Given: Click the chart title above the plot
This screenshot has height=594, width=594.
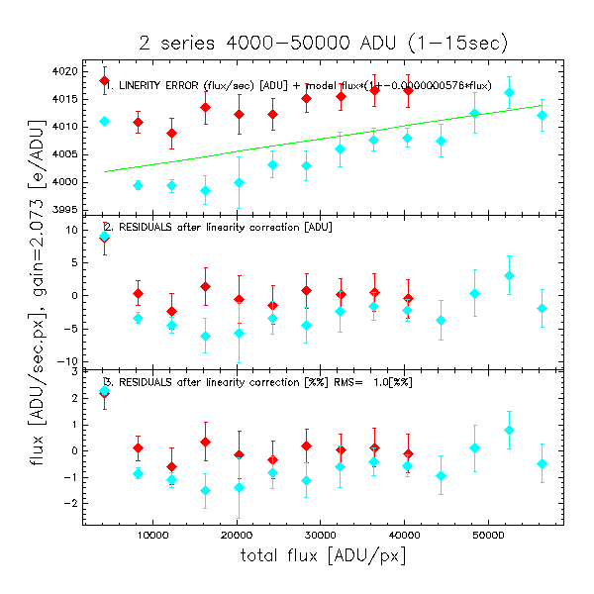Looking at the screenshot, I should pos(323,43).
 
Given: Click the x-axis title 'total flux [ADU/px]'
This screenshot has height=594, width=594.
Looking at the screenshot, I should pos(323,557).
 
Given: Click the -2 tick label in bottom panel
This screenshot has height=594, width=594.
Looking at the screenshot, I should pos(71,503).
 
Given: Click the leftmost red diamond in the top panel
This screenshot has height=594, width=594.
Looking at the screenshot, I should pos(105,80).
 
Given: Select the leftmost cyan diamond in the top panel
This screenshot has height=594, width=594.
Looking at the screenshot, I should pos(105,121).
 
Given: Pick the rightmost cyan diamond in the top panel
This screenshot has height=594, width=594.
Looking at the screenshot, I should pos(542,115).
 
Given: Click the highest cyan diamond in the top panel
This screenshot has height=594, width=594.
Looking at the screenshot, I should pos(509,92).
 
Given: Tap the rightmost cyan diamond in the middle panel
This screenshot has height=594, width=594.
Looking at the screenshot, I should pos(542,308).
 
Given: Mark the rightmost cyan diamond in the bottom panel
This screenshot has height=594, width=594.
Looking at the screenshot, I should pos(542,463).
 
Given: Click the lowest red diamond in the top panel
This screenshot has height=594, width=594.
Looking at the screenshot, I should pos(171,133).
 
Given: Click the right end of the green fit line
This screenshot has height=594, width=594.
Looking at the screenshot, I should pos(543,105).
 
